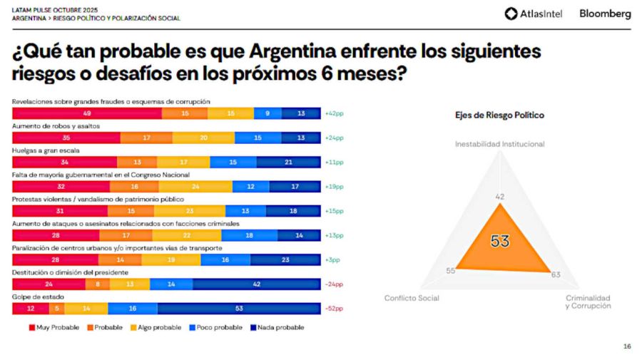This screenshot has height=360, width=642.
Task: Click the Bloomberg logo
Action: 605,14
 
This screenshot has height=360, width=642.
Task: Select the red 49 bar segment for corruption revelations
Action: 86,113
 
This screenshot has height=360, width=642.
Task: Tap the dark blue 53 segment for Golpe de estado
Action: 239,308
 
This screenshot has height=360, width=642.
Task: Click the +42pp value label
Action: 334,113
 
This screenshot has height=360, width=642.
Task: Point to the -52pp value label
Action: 334,308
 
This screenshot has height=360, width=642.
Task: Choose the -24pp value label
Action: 334,284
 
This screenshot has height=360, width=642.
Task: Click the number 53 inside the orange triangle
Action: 500,241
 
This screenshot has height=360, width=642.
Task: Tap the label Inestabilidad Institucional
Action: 499,144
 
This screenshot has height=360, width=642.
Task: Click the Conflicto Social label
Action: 412,298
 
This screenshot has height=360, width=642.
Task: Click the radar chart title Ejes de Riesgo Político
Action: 499,115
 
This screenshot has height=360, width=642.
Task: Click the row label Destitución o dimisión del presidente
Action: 70,272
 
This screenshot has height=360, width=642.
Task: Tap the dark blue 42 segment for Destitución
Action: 257,284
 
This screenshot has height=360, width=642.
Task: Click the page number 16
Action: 626,346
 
